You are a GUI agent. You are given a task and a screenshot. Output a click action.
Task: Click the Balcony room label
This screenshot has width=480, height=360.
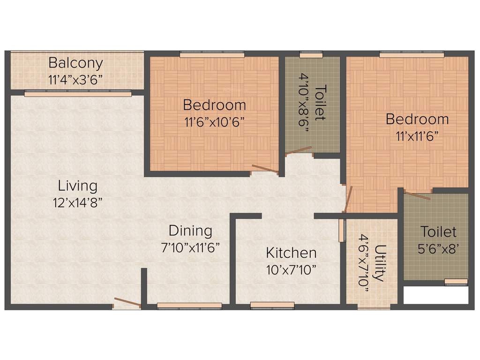click(x=75, y=63)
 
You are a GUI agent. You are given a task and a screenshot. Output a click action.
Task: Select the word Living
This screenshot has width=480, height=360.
click(x=78, y=186)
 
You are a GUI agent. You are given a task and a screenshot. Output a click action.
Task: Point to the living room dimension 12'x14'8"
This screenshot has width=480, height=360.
click(x=78, y=202)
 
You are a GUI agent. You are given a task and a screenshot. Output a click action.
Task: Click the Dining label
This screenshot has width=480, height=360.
click(x=190, y=231)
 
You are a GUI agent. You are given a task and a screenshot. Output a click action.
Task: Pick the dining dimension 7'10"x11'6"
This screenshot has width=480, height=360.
click(x=190, y=247)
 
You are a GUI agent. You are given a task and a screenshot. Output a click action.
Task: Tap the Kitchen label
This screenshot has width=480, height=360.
click(x=291, y=253)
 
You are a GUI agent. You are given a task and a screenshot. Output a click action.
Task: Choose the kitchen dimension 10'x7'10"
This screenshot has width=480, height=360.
click(x=291, y=270)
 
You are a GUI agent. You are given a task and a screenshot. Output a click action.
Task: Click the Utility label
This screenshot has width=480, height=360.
click(x=380, y=262)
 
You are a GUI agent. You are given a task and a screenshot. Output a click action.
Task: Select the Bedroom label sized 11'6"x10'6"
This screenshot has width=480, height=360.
click(x=214, y=105)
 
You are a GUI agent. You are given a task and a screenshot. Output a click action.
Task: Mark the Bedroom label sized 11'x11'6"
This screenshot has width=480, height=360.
click(x=417, y=119)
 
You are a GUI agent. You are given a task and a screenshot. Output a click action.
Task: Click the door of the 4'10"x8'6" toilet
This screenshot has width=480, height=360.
click(x=299, y=150)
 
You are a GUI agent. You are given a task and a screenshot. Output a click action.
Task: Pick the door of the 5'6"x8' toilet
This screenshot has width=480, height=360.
click(x=418, y=195)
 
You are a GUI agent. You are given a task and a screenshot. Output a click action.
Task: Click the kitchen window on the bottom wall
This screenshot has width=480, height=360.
click(x=272, y=305)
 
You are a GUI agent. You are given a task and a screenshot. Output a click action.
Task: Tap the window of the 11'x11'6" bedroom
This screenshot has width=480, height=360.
click(x=412, y=55)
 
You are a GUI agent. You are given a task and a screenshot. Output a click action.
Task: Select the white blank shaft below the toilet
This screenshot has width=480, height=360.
click(x=436, y=295)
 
